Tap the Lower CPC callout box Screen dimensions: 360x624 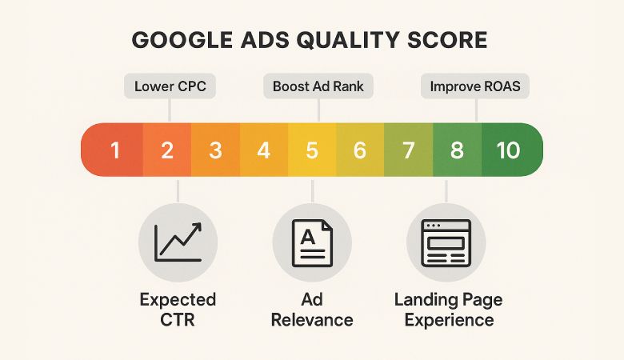pyautogui.click(x=170, y=86)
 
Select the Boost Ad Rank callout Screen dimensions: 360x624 pyautogui.click(x=318, y=86)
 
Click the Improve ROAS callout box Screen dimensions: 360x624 pyautogui.click(x=474, y=86)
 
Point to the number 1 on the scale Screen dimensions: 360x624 pyautogui.click(x=115, y=150)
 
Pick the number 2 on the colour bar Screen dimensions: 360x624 pyautogui.click(x=166, y=150)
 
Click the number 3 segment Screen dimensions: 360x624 pyautogui.click(x=215, y=150)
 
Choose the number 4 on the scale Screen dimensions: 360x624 pyautogui.click(x=264, y=150)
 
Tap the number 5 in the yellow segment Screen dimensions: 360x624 pyautogui.click(x=312, y=150)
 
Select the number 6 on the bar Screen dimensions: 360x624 pyautogui.click(x=360, y=150)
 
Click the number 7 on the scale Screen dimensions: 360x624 pyautogui.click(x=409, y=150)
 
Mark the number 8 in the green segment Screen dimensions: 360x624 pyautogui.click(x=457, y=150)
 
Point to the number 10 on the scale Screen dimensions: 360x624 pyautogui.click(x=508, y=150)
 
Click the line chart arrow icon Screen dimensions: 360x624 pyautogui.click(x=177, y=242)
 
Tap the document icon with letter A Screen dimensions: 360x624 pyautogui.click(x=312, y=242)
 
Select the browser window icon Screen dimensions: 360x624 pyautogui.click(x=446, y=242)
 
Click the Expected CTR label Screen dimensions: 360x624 pyautogui.click(x=178, y=310)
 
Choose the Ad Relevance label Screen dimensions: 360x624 pyautogui.click(x=312, y=310)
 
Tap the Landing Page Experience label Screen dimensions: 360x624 pyautogui.click(x=448, y=310)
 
